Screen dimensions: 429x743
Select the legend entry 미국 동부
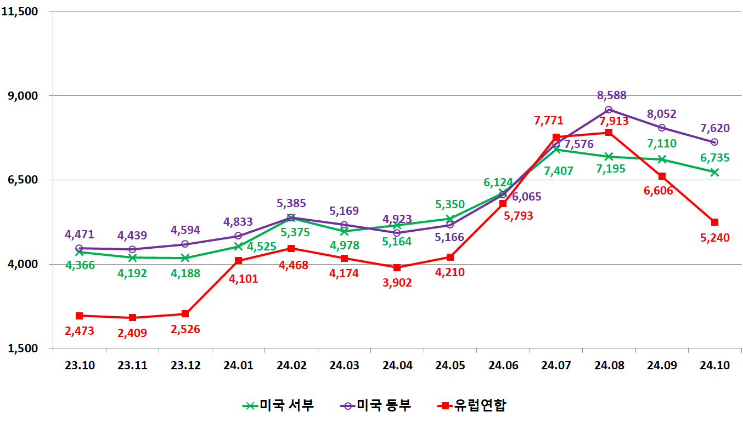[375, 405]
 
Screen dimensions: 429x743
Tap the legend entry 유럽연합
[471, 405]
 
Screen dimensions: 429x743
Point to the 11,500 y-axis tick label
[24, 12]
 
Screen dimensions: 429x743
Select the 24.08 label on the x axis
[609, 365]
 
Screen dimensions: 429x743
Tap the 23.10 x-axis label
[80, 365]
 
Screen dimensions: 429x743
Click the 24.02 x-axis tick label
[291, 365]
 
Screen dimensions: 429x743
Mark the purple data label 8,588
[612, 95]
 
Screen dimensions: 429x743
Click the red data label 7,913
[614, 121]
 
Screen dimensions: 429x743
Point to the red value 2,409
[132, 333]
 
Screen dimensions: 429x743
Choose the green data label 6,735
[715, 158]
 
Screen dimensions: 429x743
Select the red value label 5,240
[715, 238]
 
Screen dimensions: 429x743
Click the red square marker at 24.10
[714, 222]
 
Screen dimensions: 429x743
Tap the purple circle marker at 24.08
[609, 110]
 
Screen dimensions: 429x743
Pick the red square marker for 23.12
[185, 313]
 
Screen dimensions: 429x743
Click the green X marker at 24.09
[662, 159]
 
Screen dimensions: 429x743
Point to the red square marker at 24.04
[397, 267]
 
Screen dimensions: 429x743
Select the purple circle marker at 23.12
[185, 244]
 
